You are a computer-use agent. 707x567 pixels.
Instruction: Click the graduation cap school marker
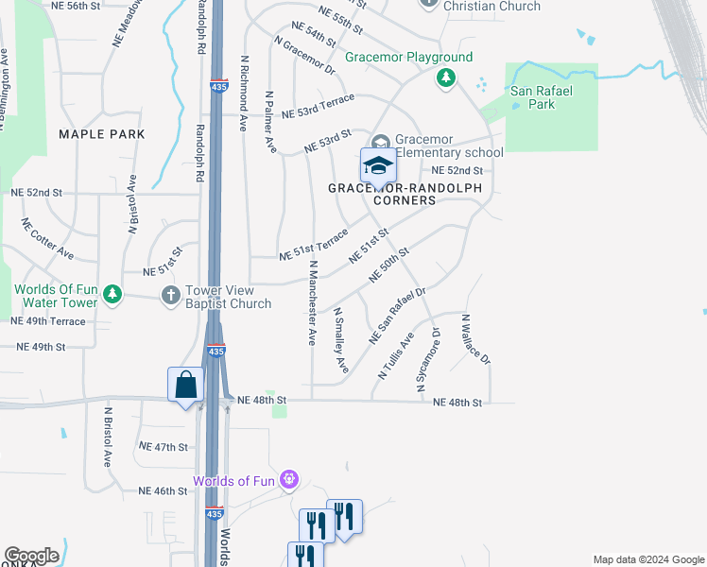(378, 165)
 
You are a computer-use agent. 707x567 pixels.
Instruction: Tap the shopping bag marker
(186, 385)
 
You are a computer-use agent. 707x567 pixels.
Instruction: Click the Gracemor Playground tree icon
(446, 77)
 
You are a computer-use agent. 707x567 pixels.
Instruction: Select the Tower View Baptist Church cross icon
(171, 295)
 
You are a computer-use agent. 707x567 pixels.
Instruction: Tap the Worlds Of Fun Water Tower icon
(112, 295)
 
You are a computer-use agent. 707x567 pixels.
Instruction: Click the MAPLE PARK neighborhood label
(102, 134)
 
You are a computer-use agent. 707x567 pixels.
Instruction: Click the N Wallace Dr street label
(476, 339)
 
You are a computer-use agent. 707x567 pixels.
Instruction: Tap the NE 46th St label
(163, 490)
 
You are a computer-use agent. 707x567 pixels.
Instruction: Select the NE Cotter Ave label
(48, 239)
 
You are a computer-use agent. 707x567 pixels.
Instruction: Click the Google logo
(31, 556)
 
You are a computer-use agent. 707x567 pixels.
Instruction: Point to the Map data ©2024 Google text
(647, 559)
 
